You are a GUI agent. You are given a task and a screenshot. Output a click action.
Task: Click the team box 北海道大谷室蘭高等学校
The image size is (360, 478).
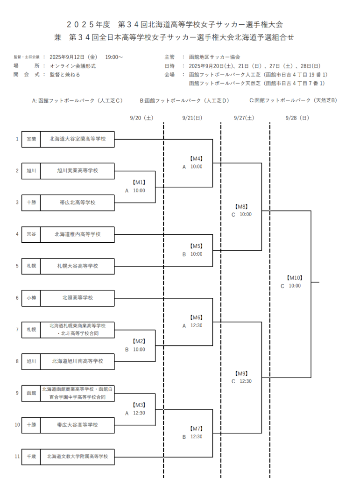click(78, 139)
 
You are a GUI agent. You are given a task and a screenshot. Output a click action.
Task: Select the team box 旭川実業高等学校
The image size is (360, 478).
click(78, 171)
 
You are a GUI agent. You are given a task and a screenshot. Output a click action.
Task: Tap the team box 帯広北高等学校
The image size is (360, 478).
click(78, 203)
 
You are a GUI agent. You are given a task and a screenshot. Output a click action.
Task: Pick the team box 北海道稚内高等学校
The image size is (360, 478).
click(78, 234)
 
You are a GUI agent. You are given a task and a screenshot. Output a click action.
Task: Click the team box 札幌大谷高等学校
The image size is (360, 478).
click(78, 266)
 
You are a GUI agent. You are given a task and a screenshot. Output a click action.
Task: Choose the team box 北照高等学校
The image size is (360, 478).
click(78, 298)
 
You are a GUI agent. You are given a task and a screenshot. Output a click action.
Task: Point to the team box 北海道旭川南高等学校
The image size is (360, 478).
click(78, 362)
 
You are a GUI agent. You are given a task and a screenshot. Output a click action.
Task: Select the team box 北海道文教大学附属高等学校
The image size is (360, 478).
click(78, 457)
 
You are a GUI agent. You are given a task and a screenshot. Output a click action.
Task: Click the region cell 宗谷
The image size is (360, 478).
click(31, 234)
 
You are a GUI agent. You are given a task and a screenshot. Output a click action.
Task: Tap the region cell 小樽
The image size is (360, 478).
click(31, 298)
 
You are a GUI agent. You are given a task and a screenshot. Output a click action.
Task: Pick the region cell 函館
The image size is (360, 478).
click(31, 393)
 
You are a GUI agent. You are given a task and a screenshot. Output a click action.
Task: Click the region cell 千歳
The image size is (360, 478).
click(31, 457)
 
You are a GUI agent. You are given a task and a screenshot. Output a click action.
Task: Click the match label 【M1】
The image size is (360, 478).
click(139, 183)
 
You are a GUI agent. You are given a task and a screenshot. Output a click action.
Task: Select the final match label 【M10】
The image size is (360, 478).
click(295, 278)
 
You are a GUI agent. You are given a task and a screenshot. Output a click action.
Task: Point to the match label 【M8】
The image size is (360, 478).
click(241, 206)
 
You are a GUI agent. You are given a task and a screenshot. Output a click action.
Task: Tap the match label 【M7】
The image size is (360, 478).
click(196, 429)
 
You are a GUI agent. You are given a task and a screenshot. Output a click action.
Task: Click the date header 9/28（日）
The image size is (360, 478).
click(297, 118)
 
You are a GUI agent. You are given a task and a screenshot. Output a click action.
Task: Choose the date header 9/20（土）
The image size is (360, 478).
click(142, 118)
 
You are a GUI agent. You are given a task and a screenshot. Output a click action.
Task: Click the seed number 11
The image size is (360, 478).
click(17, 457)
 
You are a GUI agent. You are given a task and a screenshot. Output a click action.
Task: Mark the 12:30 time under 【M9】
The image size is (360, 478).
click(246, 381)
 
